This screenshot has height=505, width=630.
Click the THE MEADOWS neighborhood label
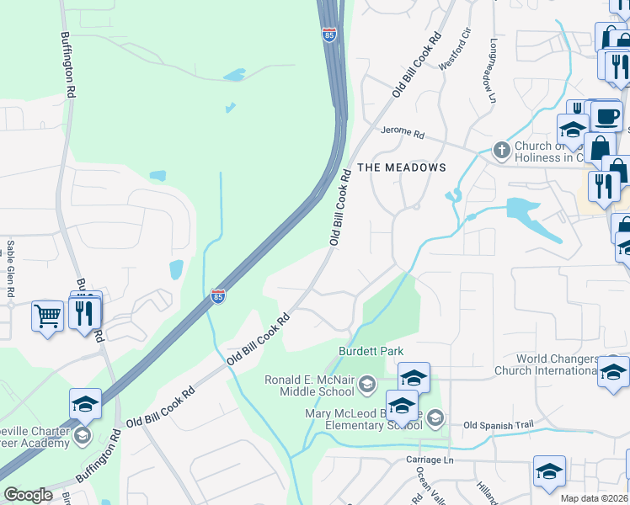tap(402, 167)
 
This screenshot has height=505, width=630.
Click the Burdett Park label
tap(371, 351)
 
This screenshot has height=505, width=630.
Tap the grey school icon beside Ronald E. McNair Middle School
tap(366, 385)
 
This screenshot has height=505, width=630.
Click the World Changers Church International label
tap(558, 364)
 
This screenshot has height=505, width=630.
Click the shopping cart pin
tap(47, 316)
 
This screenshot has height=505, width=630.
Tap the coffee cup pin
tap(606, 115)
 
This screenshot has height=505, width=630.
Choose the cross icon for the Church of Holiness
tap(502, 150)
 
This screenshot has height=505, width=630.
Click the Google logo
tap(28, 495)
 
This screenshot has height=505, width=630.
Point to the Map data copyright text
tap(595, 498)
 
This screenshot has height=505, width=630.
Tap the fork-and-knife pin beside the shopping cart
tap(85, 314)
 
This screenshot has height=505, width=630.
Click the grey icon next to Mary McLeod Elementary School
tap(435, 417)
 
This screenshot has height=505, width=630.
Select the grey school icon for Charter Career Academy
tap(81, 435)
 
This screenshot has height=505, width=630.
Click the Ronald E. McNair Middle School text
tap(309, 385)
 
